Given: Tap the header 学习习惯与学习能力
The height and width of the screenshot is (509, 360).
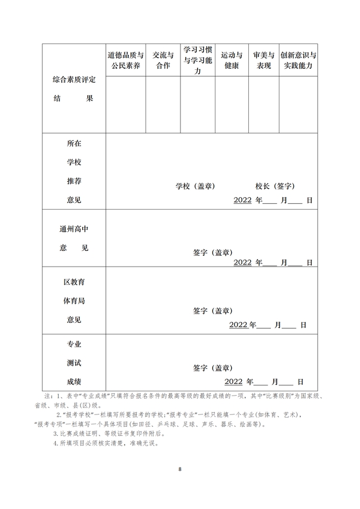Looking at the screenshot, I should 197,60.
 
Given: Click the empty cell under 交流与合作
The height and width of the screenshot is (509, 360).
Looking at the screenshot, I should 163,105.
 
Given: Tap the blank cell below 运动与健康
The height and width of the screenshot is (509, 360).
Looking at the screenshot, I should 232,105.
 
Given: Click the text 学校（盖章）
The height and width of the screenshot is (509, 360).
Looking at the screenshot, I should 195,187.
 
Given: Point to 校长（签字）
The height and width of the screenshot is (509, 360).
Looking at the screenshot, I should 275,187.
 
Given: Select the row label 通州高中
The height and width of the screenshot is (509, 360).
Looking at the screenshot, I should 74,229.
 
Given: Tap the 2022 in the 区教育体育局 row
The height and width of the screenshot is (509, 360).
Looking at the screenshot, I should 238,325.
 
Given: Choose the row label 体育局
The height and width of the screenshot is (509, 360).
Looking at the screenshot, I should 74,301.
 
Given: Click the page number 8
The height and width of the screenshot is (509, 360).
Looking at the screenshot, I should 180,469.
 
